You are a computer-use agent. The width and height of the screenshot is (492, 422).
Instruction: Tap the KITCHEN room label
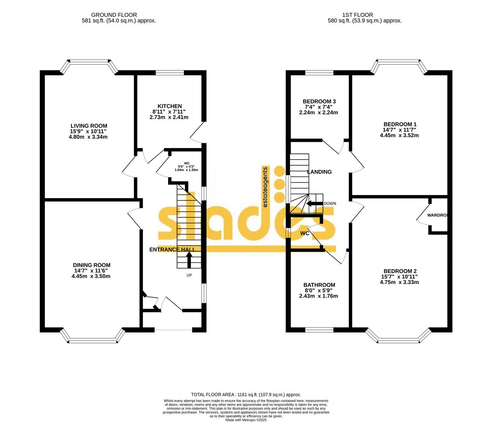click(170, 106)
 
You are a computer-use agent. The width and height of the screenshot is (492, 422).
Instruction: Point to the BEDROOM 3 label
click(319, 102)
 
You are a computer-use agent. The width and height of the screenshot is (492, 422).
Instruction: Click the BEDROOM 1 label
click(400, 124)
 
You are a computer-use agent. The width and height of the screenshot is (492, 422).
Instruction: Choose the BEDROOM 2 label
click(400, 271)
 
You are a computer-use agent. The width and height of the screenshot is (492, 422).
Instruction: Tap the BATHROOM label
click(319, 285)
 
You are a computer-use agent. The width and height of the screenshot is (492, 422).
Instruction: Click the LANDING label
click(319, 172)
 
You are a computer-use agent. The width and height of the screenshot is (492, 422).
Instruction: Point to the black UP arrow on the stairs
click(189, 259)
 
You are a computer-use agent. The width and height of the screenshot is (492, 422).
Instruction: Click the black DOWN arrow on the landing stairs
click(313, 204)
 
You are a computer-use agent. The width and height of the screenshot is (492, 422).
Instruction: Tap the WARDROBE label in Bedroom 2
click(437, 215)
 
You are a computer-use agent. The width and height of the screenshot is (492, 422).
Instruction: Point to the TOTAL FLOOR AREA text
click(246, 395)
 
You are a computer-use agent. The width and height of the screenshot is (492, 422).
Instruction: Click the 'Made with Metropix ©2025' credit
click(246, 420)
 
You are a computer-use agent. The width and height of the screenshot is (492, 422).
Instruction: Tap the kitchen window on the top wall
click(170, 73)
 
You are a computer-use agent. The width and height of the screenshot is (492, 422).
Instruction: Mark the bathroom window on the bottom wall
click(319, 330)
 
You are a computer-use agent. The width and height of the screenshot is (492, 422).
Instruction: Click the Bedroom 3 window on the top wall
click(319, 73)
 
